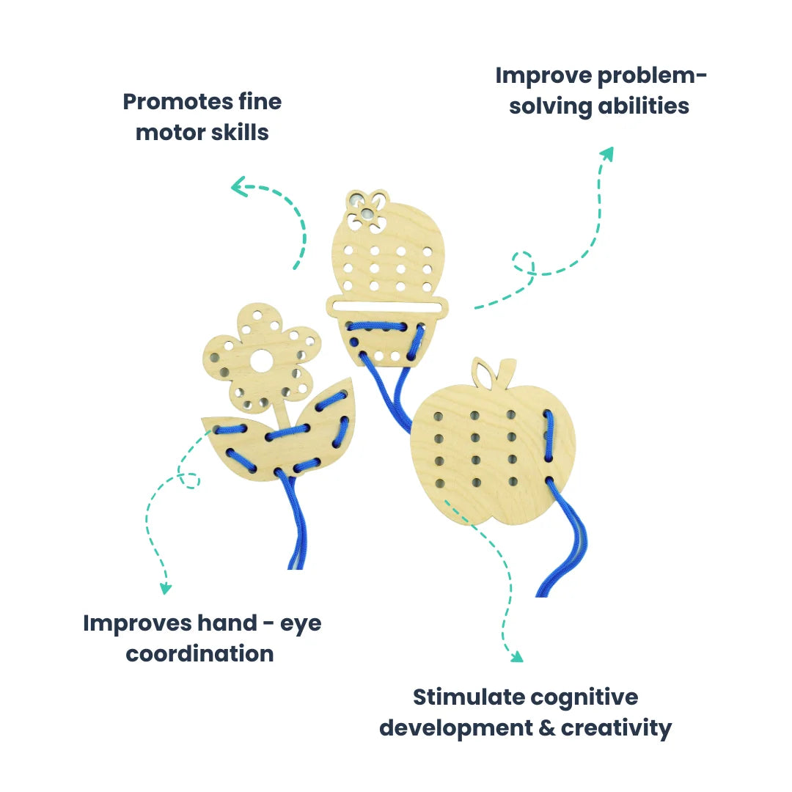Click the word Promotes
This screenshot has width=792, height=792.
[x=167, y=101]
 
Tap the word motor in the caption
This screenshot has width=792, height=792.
[x=170, y=133]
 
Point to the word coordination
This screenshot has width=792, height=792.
[x=199, y=653]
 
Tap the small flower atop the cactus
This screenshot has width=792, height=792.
[x=366, y=208]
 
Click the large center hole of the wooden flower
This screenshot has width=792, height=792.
[x=262, y=360]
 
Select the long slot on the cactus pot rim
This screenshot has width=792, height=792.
[x=388, y=304]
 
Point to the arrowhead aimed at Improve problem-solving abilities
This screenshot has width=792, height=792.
[x=606, y=153]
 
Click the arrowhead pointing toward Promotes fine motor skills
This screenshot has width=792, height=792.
[x=238, y=188]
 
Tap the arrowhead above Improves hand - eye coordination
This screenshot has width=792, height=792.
[x=166, y=587]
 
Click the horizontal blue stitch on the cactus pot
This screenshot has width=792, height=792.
[x=378, y=326]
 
